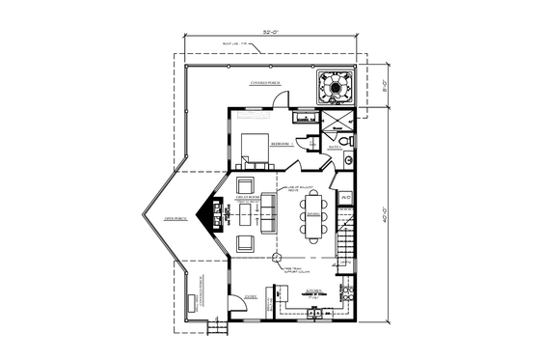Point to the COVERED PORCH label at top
(x=266, y=82)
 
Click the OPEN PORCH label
(x=175, y=217)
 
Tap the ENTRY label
(x=251, y=298)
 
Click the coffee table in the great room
(x=245, y=217)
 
